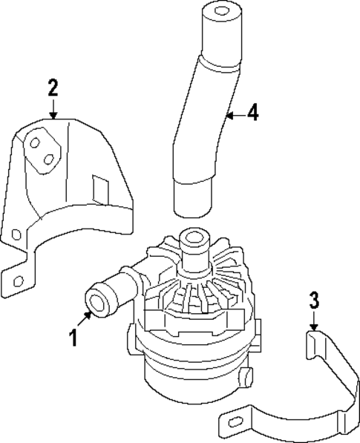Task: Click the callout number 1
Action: point(73,338)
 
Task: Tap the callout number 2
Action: point(53,88)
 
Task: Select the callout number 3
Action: point(314,301)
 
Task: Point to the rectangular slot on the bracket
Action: point(98,188)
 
